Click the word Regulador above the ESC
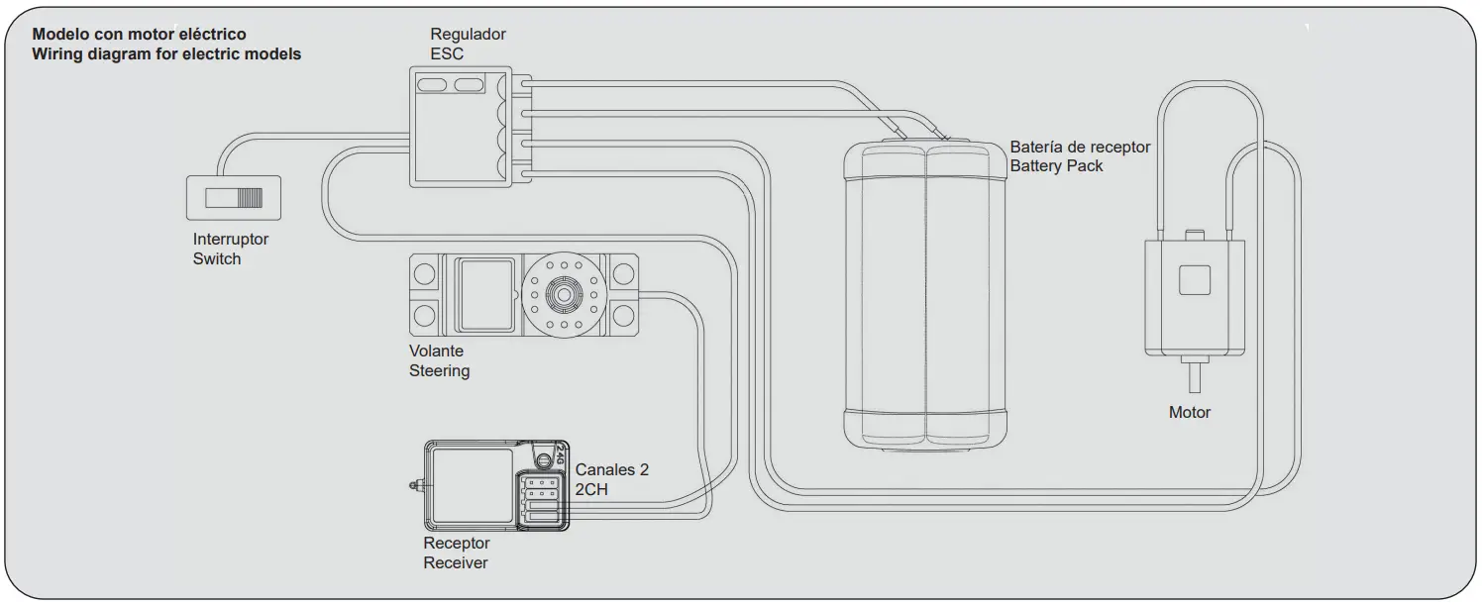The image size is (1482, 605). pos(468,35)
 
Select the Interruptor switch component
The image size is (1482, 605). pos(234,197)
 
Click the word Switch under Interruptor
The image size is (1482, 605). pos(217,259)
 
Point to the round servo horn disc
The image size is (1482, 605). pos(563,295)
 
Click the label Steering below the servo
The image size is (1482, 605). pos(439,371)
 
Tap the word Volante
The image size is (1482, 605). pos(436,352)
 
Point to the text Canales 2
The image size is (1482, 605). pos(611,469)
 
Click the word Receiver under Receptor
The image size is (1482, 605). pos(456,563)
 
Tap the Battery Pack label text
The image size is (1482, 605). pos(1056,166)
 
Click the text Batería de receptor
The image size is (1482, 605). pos(1080,148)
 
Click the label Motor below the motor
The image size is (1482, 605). pos(1190,413)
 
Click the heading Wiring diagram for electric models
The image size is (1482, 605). pos(166,54)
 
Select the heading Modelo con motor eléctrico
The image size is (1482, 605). pos(140,35)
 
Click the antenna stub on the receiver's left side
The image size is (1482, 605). pos(416,485)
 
